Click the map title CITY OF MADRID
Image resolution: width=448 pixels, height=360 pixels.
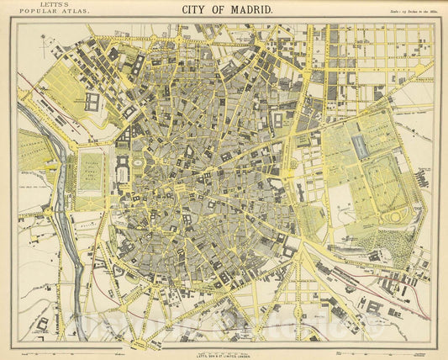[226, 9]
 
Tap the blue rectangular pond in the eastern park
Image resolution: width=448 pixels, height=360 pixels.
[361, 144]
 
